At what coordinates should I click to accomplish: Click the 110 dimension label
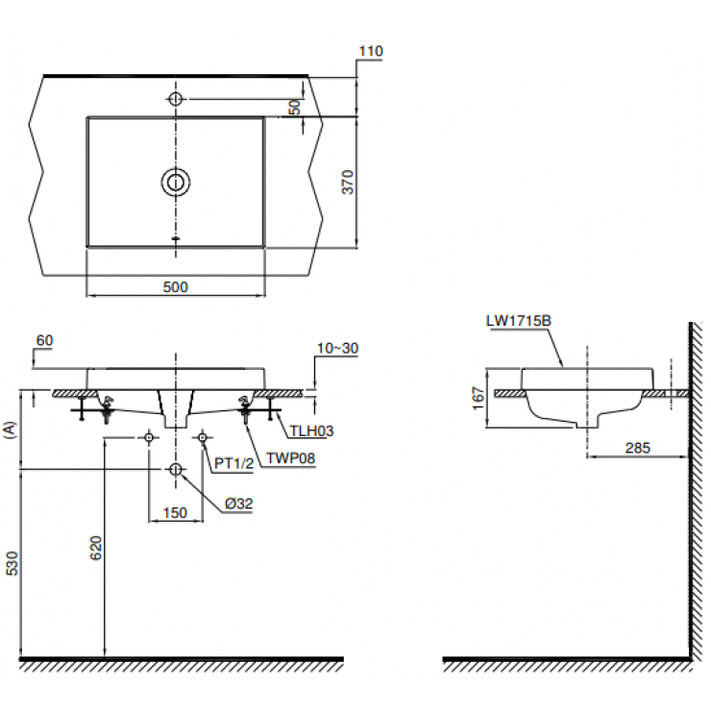tap(370, 51)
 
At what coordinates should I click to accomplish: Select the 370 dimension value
tap(349, 183)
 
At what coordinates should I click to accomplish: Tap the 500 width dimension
tap(175, 286)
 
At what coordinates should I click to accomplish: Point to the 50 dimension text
tap(296, 107)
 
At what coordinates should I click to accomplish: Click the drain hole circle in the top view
tap(175, 182)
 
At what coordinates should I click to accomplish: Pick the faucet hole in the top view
tap(175, 98)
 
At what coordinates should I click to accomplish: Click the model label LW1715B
tap(518, 324)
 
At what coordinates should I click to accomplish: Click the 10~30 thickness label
tap(338, 348)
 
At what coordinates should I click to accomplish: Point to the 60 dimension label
tap(44, 340)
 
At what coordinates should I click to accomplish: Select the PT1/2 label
tap(233, 463)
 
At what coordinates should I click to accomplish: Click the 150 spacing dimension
tap(175, 513)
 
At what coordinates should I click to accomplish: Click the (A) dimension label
tap(11, 429)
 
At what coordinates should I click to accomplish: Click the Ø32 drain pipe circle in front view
tap(175, 469)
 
